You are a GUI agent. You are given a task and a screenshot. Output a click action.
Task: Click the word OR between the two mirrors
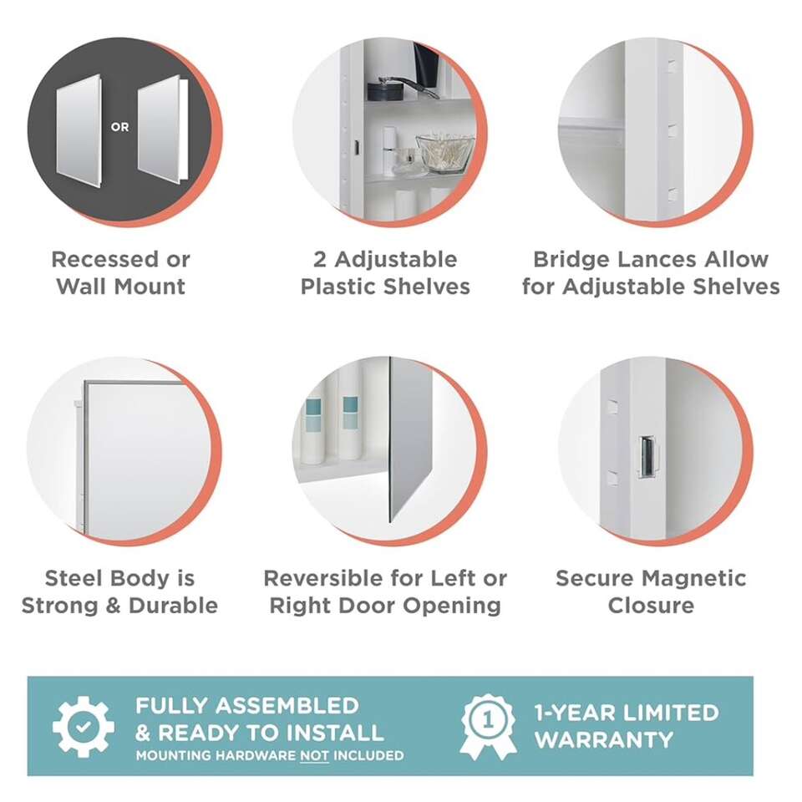pos(119,127)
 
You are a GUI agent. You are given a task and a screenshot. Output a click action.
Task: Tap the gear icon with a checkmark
pos(84,726)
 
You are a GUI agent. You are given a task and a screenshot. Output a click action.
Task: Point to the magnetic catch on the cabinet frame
pos(647,457)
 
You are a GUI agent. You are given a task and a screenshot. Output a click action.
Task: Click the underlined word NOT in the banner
pos(314,755)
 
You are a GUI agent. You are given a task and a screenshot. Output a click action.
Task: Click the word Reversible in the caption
pos(323,578)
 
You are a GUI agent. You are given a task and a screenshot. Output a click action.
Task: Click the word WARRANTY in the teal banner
pos(604,740)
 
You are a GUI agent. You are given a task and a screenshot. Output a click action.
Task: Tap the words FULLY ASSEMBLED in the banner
pos(247,706)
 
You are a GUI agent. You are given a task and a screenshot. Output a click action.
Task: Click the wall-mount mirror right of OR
pos(162,130)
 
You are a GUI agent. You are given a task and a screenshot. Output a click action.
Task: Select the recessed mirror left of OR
pos(79,130)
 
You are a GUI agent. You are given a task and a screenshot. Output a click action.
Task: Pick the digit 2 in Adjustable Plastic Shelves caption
pos(320,260)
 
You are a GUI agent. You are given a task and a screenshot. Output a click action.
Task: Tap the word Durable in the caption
pos(174,606)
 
